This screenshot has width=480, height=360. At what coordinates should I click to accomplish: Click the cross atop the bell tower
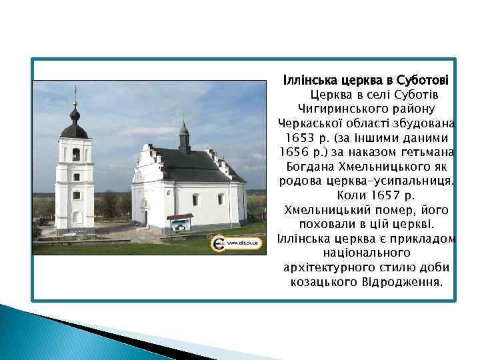point(75,93)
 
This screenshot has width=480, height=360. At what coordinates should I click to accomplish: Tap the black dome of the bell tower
point(75,127)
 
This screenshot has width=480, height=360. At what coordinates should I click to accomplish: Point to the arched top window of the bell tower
point(75,154)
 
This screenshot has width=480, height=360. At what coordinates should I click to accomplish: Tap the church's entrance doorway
point(145,217)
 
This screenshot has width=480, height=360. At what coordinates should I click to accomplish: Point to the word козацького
point(322,282)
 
